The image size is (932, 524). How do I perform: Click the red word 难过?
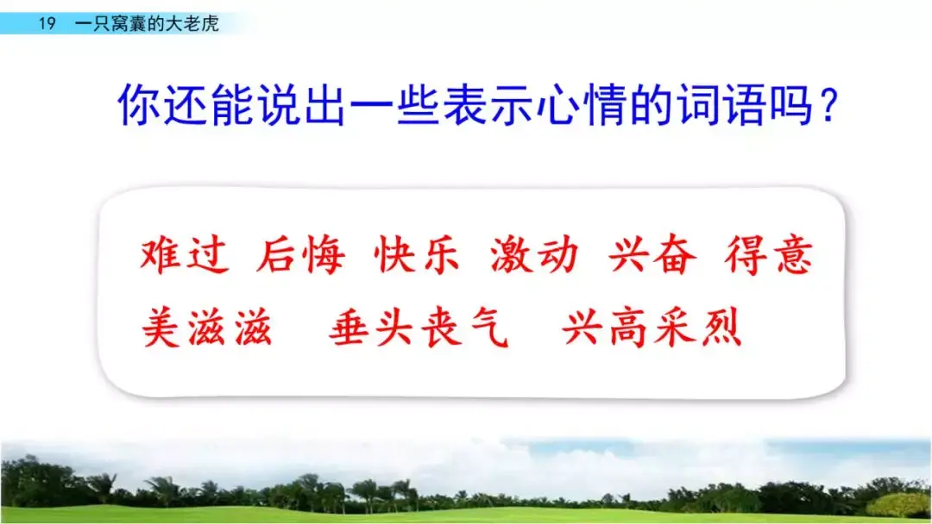click(185, 256)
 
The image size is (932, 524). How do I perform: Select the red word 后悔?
click(301, 256)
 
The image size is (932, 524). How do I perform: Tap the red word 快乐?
click(418, 256)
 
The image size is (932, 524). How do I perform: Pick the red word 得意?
click(769, 256)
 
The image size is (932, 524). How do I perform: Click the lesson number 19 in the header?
click(47, 24)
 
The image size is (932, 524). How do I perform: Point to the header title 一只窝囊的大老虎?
click(147, 24)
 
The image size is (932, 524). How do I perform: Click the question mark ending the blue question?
click(830, 105)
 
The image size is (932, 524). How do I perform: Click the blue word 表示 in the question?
click(488, 105)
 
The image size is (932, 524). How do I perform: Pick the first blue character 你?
click(139, 105)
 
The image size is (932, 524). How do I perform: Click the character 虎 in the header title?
click(210, 24)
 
